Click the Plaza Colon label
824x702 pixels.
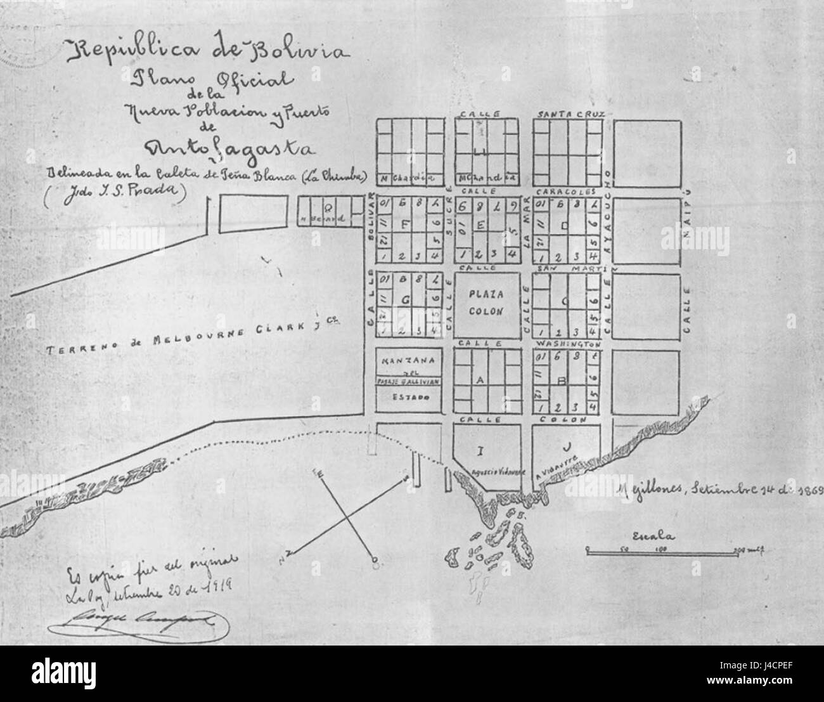point(486,303)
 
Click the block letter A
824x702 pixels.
point(480,379)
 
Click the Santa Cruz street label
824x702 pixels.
point(572,114)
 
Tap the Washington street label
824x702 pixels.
point(568,344)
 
